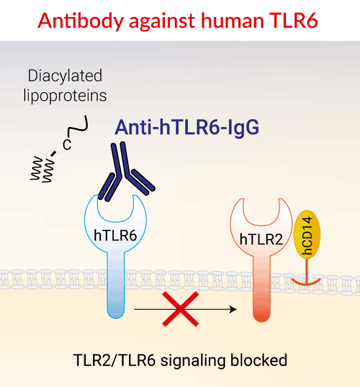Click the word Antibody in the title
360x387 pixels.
(81, 21)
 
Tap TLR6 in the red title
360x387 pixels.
(293, 20)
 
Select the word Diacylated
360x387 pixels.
(65, 76)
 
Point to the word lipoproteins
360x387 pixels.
(65, 96)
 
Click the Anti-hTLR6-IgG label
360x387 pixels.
(187, 127)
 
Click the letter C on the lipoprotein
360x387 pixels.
(67, 145)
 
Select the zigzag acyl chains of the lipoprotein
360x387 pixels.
(43, 169)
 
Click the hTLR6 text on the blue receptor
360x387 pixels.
(115, 235)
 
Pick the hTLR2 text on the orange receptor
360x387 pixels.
(261, 239)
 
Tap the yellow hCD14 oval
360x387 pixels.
(307, 234)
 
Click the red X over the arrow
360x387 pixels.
(181, 309)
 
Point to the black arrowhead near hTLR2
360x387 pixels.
(232, 309)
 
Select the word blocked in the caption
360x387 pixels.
(259, 360)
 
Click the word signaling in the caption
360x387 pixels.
(192, 361)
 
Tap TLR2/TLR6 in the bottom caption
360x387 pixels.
(115, 360)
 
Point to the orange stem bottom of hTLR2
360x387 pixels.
(262, 316)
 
